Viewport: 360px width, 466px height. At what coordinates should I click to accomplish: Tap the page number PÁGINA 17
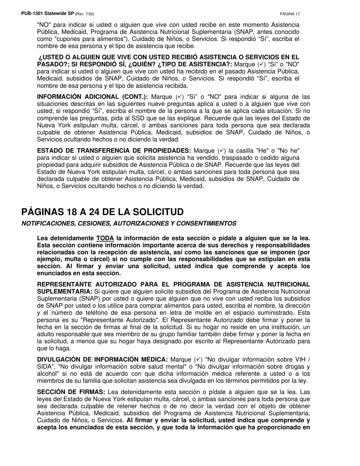[x=290, y=14]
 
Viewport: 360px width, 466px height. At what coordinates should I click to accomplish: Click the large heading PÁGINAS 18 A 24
[x=102, y=212]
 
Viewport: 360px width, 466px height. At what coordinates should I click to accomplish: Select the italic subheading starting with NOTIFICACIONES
[x=129, y=224]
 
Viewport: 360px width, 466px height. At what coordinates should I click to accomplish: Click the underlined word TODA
[x=105, y=238]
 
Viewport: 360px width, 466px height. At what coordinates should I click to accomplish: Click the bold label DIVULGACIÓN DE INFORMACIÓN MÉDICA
[x=102, y=359]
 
